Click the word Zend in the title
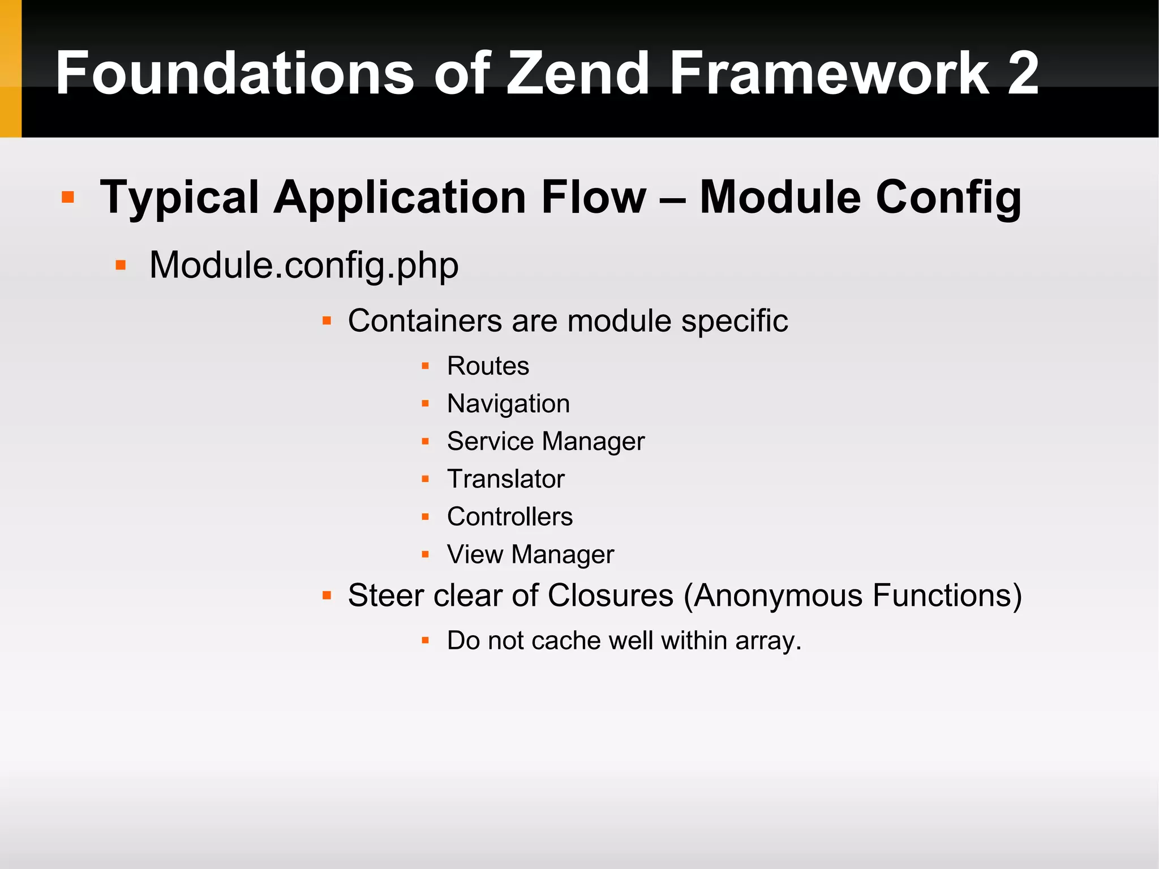[577, 73]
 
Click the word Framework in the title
[829, 73]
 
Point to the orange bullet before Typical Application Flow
[68, 197]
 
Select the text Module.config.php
[304, 265]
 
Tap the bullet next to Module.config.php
[120, 265]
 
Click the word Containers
[424, 321]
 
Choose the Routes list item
[488, 366]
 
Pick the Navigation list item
[508, 404]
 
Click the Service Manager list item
[546, 442]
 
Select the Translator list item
[505, 479]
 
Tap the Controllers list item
[509, 517]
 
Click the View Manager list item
[530, 554]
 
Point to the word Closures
[611, 596]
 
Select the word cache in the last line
[565, 641]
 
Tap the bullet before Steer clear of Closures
[327, 596]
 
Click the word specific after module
[734, 321]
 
